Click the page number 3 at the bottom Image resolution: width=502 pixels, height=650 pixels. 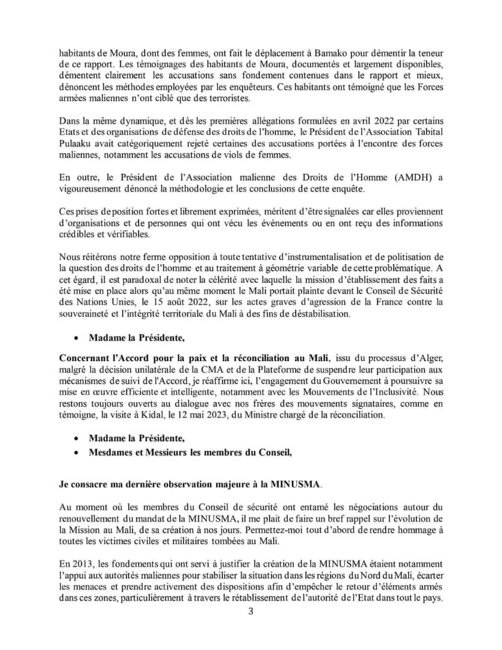pyautogui.click(x=252, y=612)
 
